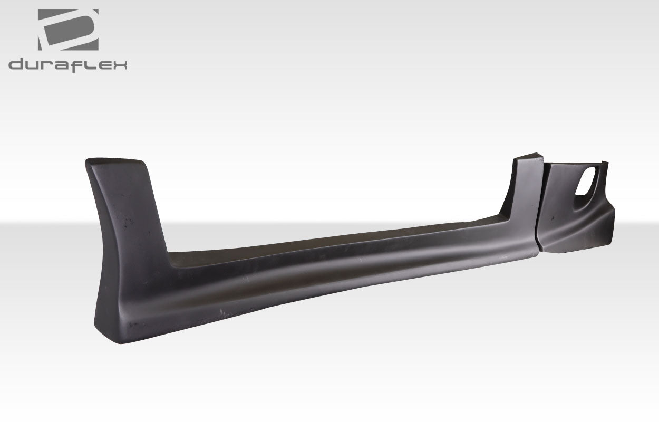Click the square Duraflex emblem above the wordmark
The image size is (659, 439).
pos(68,30)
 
